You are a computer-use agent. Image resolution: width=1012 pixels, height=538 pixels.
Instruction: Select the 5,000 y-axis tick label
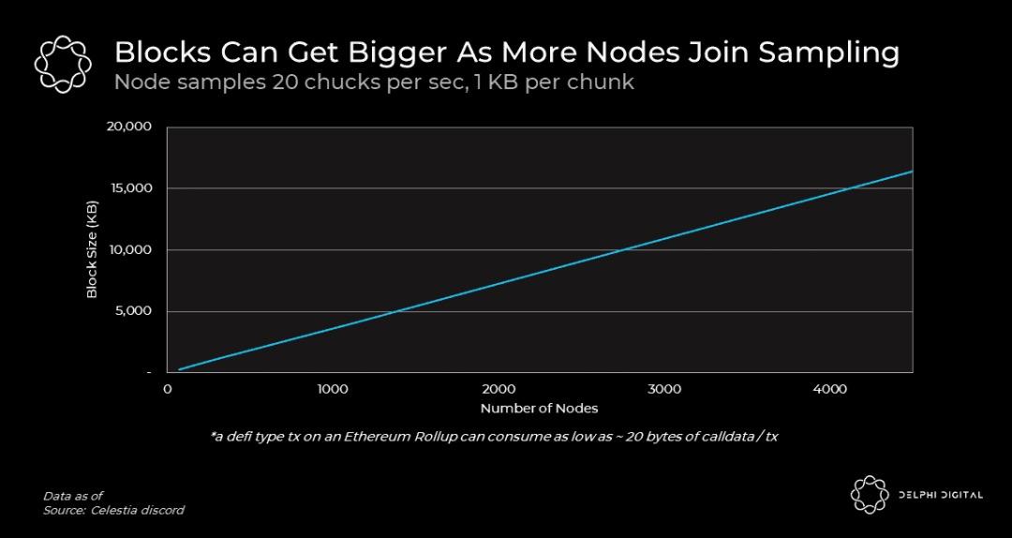pyautogui.click(x=135, y=311)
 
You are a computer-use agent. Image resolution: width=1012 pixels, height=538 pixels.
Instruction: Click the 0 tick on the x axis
pyautogui.click(x=168, y=389)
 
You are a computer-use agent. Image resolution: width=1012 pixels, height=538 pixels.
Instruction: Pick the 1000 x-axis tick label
pyautogui.click(x=333, y=389)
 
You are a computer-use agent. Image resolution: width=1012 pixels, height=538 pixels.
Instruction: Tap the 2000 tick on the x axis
pyautogui.click(x=499, y=389)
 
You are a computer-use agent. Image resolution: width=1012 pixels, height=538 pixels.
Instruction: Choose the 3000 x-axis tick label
pyautogui.click(x=664, y=389)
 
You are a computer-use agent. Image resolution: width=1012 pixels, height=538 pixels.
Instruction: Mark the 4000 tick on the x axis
pyautogui.click(x=830, y=389)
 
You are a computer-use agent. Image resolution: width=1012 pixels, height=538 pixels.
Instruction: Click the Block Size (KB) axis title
pyautogui.click(x=92, y=249)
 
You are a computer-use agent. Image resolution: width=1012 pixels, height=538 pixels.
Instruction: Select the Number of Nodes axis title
pyautogui.click(x=539, y=409)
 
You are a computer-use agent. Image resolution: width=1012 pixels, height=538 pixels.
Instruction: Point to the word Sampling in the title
pyautogui.click(x=828, y=52)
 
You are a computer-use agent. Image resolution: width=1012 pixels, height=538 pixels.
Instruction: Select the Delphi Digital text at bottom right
pyautogui.click(x=940, y=495)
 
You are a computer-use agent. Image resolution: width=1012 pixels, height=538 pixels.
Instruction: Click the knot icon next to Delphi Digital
pyautogui.click(x=869, y=495)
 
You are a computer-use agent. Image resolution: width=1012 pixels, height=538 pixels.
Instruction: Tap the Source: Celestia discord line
pyautogui.click(x=113, y=510)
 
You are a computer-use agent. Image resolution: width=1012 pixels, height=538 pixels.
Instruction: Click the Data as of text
pyautogui.click(x=73, y=495)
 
